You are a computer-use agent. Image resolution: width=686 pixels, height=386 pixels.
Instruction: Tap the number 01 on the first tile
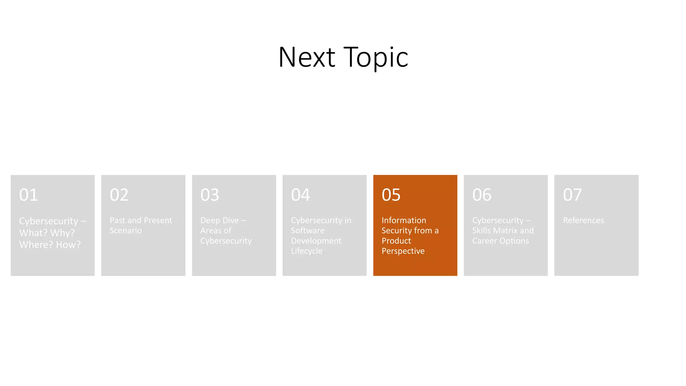click(28, 195)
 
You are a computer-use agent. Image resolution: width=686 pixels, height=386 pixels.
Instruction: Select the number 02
click(119, 195)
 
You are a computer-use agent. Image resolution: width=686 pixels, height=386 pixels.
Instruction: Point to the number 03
click(210, 195)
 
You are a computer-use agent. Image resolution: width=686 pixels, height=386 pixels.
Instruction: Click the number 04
click(300, 195)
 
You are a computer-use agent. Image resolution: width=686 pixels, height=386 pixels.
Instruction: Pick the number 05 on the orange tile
click(391, 195)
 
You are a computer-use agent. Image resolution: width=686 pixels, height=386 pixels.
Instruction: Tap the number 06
click(482, 195)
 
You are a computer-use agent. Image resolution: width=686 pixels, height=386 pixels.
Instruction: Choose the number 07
click(572, 195)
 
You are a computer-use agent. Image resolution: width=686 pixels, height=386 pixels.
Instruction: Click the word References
click(583, 220)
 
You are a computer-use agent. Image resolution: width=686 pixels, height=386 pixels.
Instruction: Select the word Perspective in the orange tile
click(403, 251)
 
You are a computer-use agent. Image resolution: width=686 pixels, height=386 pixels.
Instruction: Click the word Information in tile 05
click(404, 220)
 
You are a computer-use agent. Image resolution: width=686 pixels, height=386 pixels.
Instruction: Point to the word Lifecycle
click(306, 251)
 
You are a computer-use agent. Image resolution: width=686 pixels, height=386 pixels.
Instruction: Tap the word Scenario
click(126, 231)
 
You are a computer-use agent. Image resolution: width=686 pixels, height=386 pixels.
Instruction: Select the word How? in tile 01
click(68, 245)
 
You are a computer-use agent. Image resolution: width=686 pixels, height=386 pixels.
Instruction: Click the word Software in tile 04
click(307, 231)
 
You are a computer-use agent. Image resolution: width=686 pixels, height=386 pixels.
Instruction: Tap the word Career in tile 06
click(484, 241)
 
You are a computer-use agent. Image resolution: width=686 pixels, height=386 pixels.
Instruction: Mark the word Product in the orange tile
click(396, 241)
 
